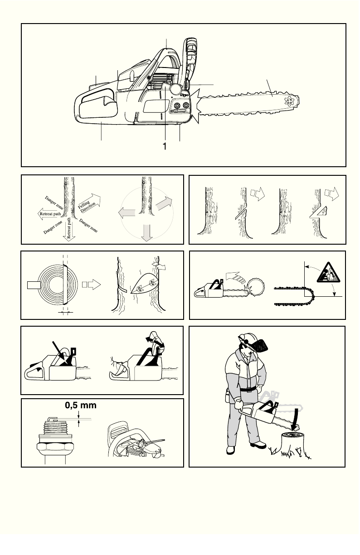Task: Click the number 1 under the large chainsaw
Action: pos(165,146)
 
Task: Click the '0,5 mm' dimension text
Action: pos(81,405)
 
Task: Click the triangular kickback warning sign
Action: pos(328,273)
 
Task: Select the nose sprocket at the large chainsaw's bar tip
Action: pos(289,101)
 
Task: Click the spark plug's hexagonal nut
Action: pos(55,446)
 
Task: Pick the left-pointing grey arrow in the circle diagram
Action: pos(126,213)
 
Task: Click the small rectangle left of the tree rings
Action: pos(34,285)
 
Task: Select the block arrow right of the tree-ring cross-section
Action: pos(92,285)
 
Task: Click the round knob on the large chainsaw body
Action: pos(176,89)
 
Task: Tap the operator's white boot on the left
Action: pos(231,450)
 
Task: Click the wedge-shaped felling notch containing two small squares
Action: pos(144,284)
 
